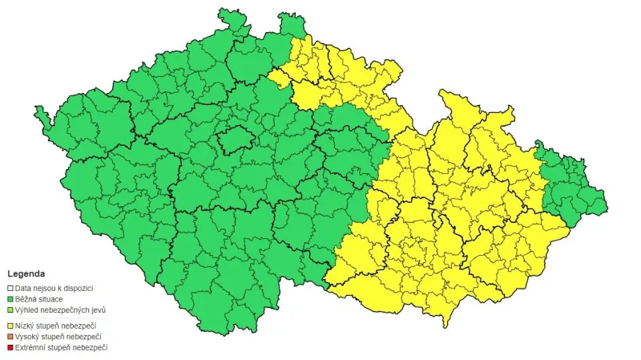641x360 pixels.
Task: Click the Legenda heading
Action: (x=26, y=273)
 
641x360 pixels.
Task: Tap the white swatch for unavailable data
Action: (x=10, y=288)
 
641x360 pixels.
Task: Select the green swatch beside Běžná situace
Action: (x=10, y=298)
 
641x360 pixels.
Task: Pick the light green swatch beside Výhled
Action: (x=10, y=309)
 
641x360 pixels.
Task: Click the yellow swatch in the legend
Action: (x=10, y=326)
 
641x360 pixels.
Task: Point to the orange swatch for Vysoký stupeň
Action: (x=10, y=336)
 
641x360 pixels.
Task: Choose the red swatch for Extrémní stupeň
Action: (x=10, y=347)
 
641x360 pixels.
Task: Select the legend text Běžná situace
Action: (x=39, y=298)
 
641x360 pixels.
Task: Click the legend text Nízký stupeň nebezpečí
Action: (x=56, y=326)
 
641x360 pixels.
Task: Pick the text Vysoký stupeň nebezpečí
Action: (x=58, y=336)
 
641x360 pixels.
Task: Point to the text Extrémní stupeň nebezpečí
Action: (x=61, y=347)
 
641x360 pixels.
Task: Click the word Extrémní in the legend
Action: (x=31, y=347)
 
